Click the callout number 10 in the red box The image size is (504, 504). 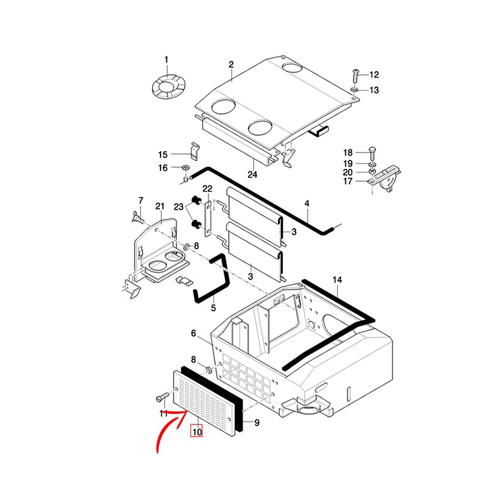197,431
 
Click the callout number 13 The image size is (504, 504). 374,90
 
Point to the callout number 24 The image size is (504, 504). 253,175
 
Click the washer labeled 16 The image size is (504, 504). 185,168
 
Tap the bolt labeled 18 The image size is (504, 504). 372,154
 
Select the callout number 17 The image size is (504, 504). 348,181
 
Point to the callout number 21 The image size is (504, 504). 160,207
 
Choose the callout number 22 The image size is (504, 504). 207,188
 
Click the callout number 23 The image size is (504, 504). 178,207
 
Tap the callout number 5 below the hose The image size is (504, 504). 213,308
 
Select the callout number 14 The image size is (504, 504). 337,280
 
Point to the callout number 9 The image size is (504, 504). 256,423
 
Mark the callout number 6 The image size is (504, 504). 193,333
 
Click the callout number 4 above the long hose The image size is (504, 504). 307,203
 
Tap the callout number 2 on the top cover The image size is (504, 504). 231,65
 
